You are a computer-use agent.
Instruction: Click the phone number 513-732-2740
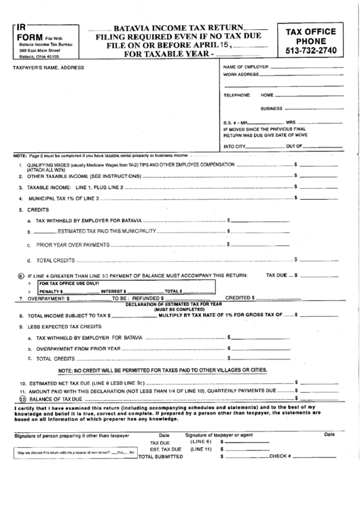pyautogui.click(x=314, y=51)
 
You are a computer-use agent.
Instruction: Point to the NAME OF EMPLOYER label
pyautogui.click(x=245, y=67)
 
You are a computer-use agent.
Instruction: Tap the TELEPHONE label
pyautogui.click(x=237, y=95)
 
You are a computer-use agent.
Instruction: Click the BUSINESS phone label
pyautogui.click(x=271, y=108)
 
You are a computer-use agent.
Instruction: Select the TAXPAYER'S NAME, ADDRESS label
pyautogui.click(x=45, y=68)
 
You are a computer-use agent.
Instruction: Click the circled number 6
pyautogui.click(x=21, y=276)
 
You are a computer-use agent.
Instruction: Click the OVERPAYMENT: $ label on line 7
pyautogui.click(x=48, y=298)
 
